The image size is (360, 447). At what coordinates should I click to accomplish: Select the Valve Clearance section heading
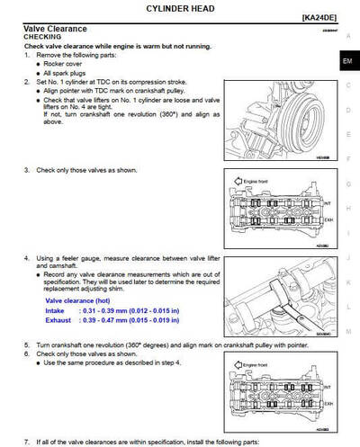(x=56, y=28)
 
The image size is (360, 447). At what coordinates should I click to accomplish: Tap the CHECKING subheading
(x=42, y=37)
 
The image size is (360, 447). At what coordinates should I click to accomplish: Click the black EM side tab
(x=347, y=62)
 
